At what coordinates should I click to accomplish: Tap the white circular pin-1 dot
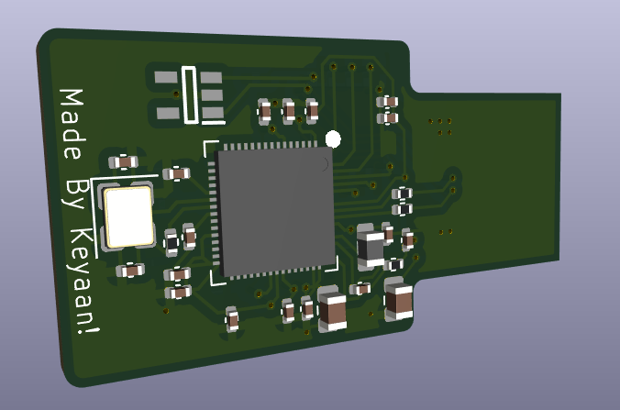(333, 139)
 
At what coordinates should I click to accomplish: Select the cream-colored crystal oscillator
(128, 217)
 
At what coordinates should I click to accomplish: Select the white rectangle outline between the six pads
(190, 94)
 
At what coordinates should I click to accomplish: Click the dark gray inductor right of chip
(371, 248)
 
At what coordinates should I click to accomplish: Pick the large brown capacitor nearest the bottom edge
(331, 309)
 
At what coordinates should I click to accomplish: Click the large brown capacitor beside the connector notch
(399, 300)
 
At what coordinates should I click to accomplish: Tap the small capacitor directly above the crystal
(123, 162)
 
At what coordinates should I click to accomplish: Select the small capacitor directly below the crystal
(131, 270)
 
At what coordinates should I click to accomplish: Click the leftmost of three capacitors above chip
(265, 112)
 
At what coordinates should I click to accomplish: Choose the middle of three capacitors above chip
(289, 111)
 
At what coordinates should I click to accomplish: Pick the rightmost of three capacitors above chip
(312, 110)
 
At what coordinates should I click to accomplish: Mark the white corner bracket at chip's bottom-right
(332, 265)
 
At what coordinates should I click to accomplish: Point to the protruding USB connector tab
(486, 179)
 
